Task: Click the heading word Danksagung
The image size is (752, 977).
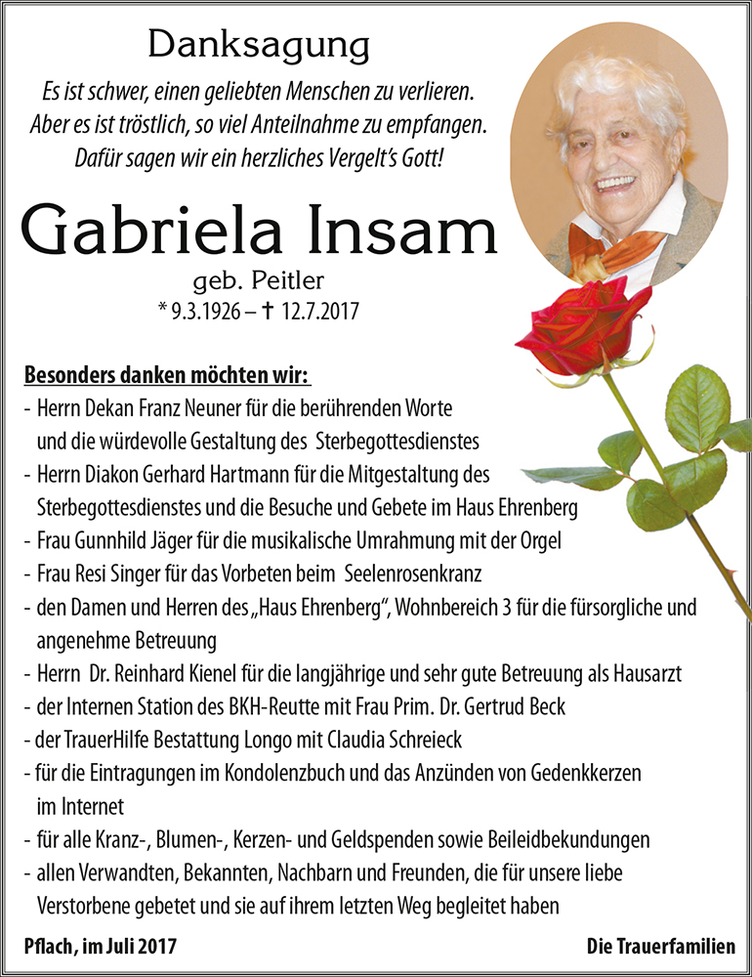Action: coord(259,44)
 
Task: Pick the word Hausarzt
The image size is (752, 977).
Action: coord(648,673)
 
